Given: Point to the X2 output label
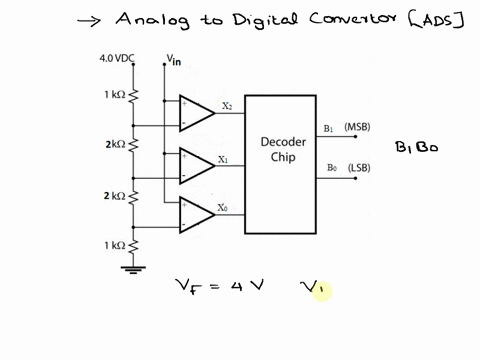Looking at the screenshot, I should [x=227, y=106].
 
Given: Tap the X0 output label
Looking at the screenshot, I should [x=223, y=208].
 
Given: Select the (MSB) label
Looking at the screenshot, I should [x=357, y=128].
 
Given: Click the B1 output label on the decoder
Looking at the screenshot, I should [x=330, y=129].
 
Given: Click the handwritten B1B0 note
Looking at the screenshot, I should [x=416, y=148].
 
